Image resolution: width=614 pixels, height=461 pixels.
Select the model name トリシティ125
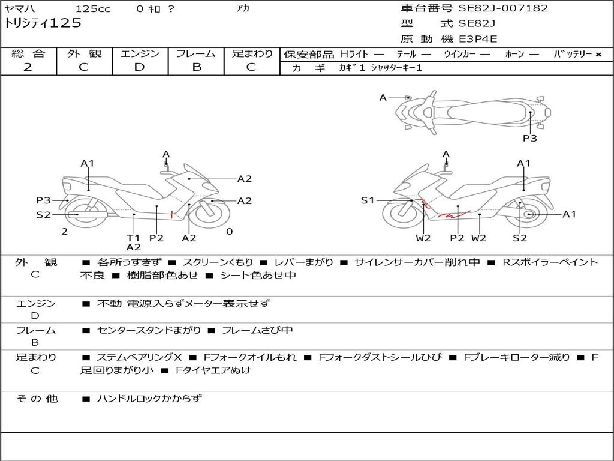[43, 23]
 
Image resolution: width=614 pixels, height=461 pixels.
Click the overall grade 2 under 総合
[28, 67]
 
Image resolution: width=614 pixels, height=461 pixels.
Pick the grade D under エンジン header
[139, 67]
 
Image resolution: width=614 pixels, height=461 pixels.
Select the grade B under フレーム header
[196, 67]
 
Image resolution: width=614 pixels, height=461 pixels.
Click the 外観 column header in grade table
[84, 53]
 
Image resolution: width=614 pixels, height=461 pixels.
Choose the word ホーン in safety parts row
[514, 54]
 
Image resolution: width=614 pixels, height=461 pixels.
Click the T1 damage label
[133, 238]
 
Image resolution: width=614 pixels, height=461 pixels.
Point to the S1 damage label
[368, 200]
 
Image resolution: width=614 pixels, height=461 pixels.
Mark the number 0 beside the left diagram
[229, 232]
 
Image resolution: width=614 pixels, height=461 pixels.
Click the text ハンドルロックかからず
[149, 398]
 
